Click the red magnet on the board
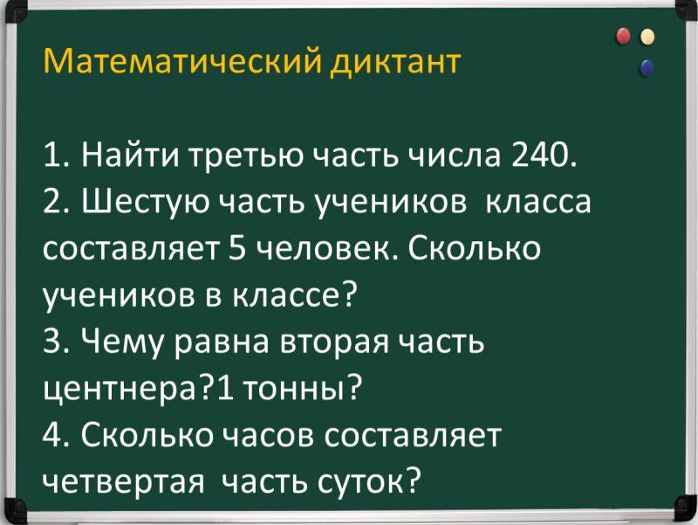click(x=623, y=37)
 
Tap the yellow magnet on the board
click(x=647, y=37)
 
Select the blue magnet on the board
click(x=647, y=66)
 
